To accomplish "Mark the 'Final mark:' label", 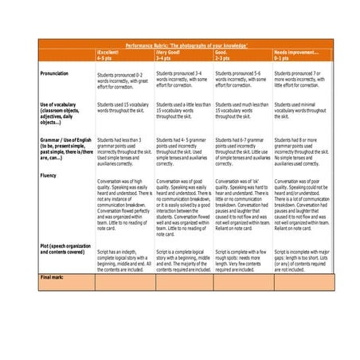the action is pyautogui.click(x=52, y=276).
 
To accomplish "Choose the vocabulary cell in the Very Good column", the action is pyautogui.click(x=184, y=110).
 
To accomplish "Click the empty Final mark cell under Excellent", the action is pyautogui.click(x=124, y=282).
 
